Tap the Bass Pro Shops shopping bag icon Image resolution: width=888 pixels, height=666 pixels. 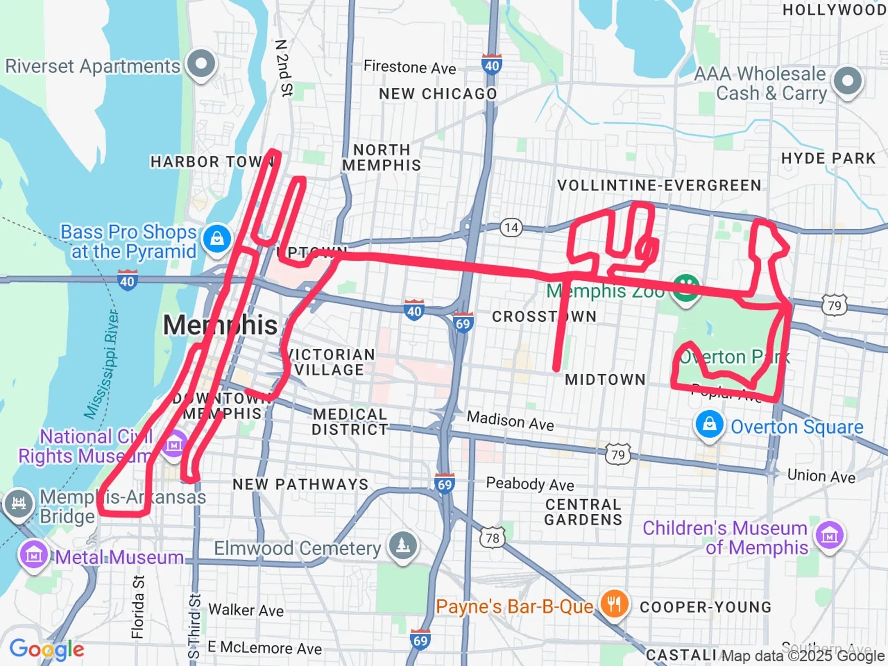pyautogui.click(x=217, y=239)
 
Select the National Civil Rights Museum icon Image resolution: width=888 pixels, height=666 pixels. pyautogui.click(x=174, y=445)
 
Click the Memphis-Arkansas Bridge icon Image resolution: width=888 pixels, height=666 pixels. pyautogui.click(x=18, y=503)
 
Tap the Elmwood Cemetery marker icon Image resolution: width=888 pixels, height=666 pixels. pyautogui.click(x=403, y=546)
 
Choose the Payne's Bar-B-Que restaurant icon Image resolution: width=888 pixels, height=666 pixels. pyautogui.click(x=614, y=604)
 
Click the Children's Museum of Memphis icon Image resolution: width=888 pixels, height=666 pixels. pyautogui.click(x=829, y=536)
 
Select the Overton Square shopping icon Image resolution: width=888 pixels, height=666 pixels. pyautogui.click(x=709, y=425)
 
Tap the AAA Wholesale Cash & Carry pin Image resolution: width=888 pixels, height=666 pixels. pyautogui.click(x=847, y=80)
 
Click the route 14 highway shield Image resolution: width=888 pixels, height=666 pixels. pyautogui.click(x=511, y=228)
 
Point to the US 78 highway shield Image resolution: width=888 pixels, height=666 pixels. pyautogui.click(x=492, y=538)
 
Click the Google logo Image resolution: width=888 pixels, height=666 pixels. pyautogui.click(x=47, y=649)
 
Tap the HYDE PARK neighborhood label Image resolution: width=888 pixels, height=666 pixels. pyautogui.click(x=828, y=159)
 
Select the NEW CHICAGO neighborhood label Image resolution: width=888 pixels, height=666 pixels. pyautogui.click(x=438, y=94)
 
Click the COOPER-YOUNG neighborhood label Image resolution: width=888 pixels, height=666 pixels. pyautogui.click(x=705, y=607)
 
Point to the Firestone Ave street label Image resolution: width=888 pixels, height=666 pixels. pyautogui.click(x=410, y=68)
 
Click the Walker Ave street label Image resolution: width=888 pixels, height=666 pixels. pyautogui.click(x=246, y=610)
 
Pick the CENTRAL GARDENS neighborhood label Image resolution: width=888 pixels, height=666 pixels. pyautogui.click(x=583, y=512)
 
